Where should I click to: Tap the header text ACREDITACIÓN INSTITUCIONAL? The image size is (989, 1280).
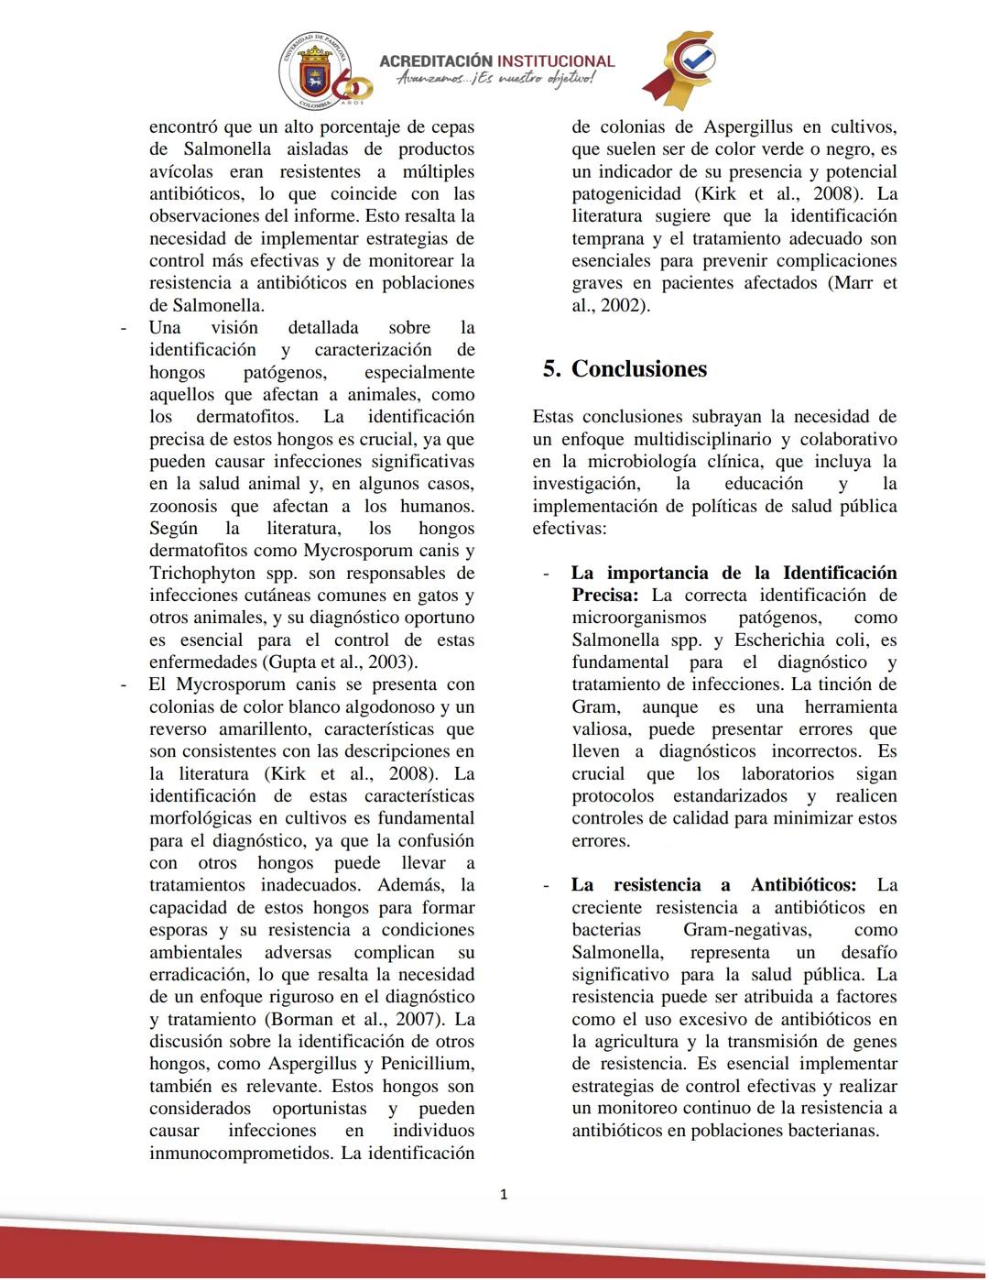496,61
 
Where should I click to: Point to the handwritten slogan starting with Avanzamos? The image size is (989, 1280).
495,81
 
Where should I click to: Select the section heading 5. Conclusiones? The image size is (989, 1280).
625,369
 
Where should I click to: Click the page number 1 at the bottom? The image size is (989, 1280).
503,1194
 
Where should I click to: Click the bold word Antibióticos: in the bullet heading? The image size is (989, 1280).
803,885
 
